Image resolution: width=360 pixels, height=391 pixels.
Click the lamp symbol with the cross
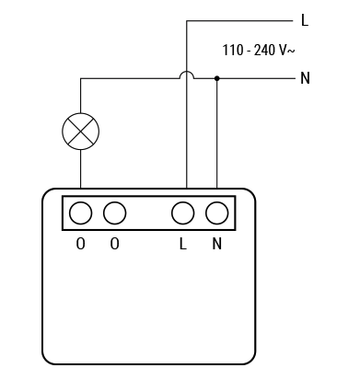pos(80,132)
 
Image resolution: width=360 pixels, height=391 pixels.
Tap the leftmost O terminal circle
pos(80,213)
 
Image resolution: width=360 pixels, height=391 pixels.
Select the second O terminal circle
pos(114,213)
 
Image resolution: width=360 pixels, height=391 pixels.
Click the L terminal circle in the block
pos(183,213)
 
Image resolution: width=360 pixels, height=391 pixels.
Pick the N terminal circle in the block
pos(216,213)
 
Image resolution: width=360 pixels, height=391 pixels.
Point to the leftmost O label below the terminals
pos(80,245)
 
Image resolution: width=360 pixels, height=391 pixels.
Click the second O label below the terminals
pos(114,245)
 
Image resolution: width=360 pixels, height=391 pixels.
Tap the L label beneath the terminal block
pos(183,245)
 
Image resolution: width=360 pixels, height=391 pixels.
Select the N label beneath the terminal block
pos(216,245)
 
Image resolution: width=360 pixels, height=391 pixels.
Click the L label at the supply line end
pos(305,19)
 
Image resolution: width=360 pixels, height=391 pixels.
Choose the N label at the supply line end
pos(305,78)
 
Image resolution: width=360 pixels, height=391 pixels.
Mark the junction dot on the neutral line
pos(216,78)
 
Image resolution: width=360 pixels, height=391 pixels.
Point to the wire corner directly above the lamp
pos(80,78)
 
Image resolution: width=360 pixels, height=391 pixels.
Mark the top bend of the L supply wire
pos(186,19)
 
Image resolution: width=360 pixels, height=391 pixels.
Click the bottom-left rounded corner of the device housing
pos(47,357)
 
